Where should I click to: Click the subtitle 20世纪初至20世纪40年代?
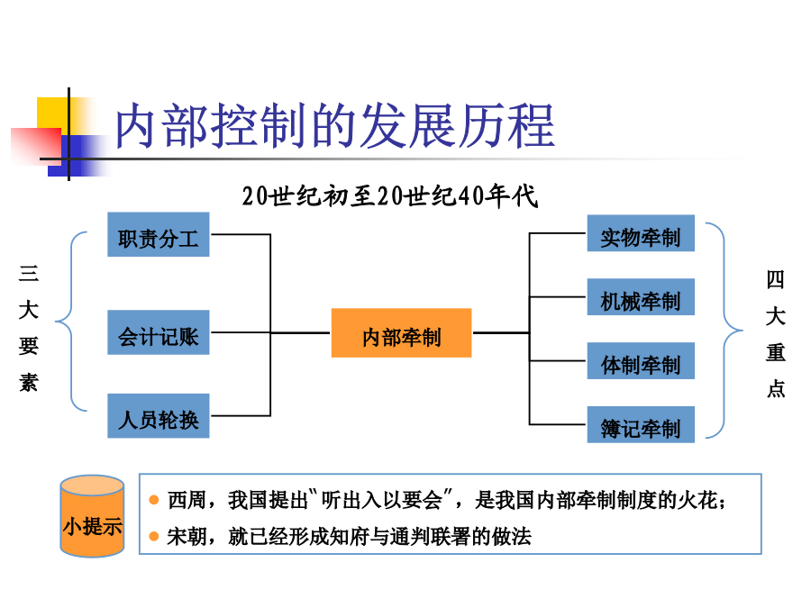click(390, 196)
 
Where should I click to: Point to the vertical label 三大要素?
click(29, 328)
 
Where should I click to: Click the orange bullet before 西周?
click(154, 501)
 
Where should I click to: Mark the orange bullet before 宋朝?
click(154, 537)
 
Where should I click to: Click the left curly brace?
click(70, 322)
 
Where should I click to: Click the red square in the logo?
click(34, 145)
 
